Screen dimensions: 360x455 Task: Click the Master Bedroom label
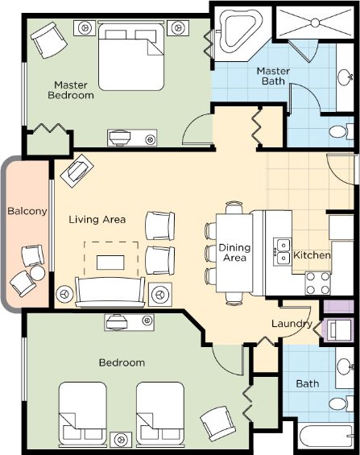pyautogui.click(x=71, y=90)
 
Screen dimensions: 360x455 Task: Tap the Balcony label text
pyautogui.click(x=27, y=211)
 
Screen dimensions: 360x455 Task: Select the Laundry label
pyautogui.click(x=292, y=324)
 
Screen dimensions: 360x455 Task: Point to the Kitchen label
pyautogui.click(x=312, y=255)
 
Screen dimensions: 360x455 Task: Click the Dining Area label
pyautogui.click(x=234, y=252)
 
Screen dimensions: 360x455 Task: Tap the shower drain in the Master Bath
pyautogui.click(x=315, y=23)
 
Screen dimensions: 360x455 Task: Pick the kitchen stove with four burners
pyautogui.click(x=317, y=283)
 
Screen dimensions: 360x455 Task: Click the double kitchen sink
pyautogui.click(x=282, y=251)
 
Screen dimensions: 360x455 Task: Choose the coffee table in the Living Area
pyautogui.click(x=110, y=263)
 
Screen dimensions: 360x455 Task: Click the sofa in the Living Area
pyautogui.click(x=110, y=292)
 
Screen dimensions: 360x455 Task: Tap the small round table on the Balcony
pyautogui.click(x=37, y=273)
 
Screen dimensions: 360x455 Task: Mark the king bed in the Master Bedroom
pyautogui.click(x=130, y=56)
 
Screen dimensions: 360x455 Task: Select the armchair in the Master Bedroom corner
pyautogui.click(x=49, y=40)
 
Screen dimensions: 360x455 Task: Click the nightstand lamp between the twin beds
pyautogui.click(x=122, y=440)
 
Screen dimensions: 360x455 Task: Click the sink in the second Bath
pyautogui.click(x=345, y=366)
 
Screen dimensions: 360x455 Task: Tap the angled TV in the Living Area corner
pyautogui.click(x=77, y=171)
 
